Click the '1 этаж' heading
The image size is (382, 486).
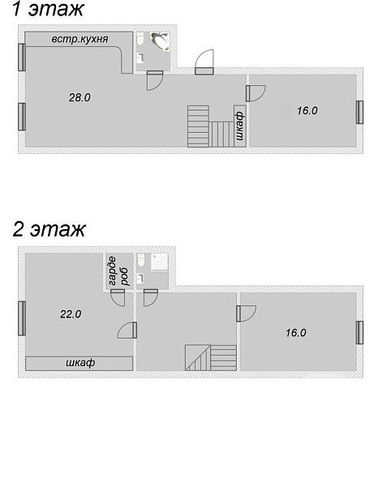click(48, 9)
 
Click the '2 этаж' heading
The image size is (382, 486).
click(49, 229)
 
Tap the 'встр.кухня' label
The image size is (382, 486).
click(79, 40)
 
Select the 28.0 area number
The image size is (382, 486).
click(79, 98)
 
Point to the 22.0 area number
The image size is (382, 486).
click(71, 314)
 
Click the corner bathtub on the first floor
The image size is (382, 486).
click(161, 41)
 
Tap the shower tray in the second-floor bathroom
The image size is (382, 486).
click(160, 262)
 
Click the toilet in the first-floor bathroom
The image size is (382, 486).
click(140, 39)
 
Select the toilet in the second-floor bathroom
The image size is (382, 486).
click(141, 260)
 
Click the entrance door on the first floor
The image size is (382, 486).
click(204, 62)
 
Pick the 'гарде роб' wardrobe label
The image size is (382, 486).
click(117, 271)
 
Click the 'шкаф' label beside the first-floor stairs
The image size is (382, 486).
click(240, 126)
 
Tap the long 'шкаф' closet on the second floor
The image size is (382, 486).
click(79, 363)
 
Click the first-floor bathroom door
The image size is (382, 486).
click(155, 80)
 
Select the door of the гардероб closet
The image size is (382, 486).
click(118, 298)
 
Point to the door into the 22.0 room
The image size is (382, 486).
click(127, 330)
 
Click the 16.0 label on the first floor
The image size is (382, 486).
click(307, 111)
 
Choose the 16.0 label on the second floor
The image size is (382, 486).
click(296, 333)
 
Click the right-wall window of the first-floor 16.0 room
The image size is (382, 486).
click(359, 112)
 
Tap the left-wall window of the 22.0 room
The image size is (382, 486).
click(22, 318)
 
